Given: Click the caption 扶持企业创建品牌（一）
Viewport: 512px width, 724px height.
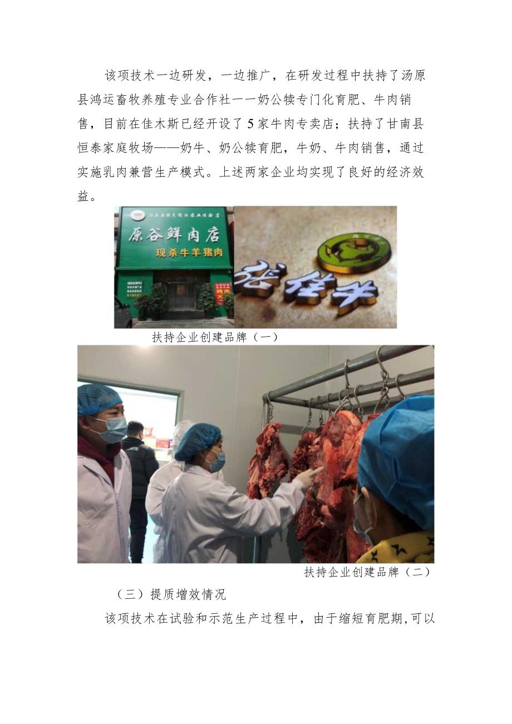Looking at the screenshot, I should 215,337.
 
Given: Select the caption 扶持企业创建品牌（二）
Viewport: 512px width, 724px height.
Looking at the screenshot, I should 368,572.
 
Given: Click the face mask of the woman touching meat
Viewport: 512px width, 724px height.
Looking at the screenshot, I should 216,461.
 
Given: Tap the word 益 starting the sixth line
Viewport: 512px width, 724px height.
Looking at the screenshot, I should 83,196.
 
